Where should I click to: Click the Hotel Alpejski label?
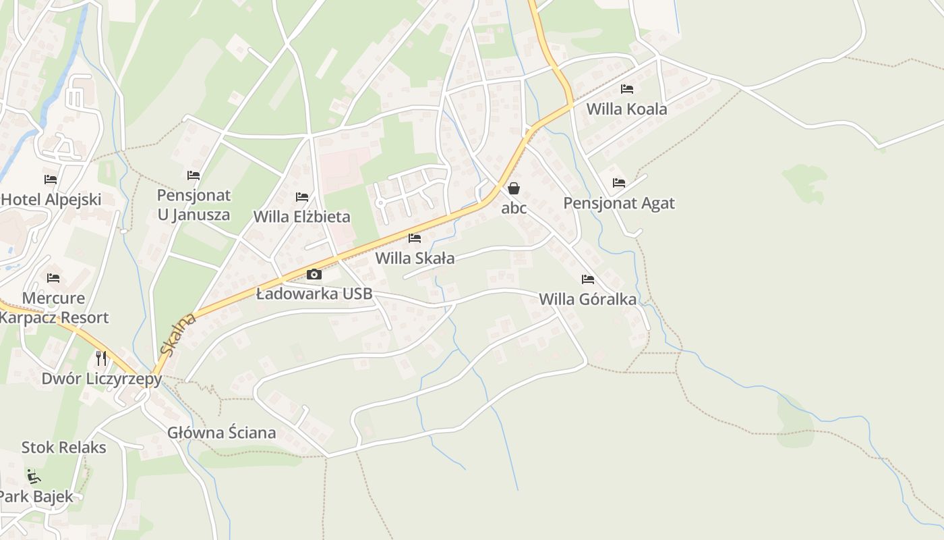click(51, 199)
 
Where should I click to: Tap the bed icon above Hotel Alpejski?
click(51, 180)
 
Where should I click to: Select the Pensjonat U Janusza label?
click(194, 205)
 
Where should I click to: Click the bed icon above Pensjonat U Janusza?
click(194, 175)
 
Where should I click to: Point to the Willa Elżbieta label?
click(301, 217)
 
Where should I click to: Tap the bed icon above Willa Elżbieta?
click(302, 197)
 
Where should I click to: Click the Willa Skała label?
click(415, 258)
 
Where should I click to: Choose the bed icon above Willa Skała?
click(415, 238)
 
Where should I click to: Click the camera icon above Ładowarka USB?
click(314, 274)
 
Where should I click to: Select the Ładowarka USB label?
click(314, 294)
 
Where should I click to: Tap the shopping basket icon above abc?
click(514, 188)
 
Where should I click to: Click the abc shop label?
click(514, 208)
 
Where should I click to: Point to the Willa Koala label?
click(626, 109)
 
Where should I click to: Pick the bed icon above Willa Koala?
click(627, 89)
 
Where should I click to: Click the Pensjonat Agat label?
click(619, 203)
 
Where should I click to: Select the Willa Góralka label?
click(587, 299)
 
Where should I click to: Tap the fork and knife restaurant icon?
click(101, 358)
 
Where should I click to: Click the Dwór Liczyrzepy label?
click(102, 379)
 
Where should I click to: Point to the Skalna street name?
click(178, 334)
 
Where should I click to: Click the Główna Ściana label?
click(222, 433)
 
